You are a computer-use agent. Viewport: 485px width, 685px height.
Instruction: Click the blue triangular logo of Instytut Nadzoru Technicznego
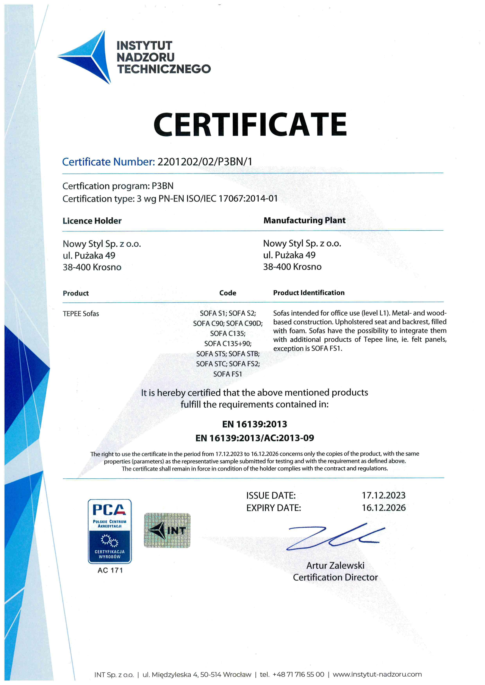90,57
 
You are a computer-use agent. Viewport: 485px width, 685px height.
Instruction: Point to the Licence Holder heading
92,221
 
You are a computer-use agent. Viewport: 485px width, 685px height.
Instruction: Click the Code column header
228,293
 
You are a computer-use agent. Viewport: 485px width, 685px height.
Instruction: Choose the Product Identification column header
309,293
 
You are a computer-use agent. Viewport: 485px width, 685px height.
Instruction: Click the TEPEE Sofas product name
81,313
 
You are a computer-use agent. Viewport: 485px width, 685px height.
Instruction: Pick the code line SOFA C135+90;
228,344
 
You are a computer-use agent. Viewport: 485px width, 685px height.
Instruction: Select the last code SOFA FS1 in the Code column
228,374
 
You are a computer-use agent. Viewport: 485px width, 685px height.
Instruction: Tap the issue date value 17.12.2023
384,496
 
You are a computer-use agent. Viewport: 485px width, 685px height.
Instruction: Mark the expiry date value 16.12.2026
384,508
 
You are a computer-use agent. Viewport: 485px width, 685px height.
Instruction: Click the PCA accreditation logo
110,531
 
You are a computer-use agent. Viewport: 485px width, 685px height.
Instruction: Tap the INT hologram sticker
167,530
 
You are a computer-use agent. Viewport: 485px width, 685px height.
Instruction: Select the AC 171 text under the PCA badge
110,570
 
